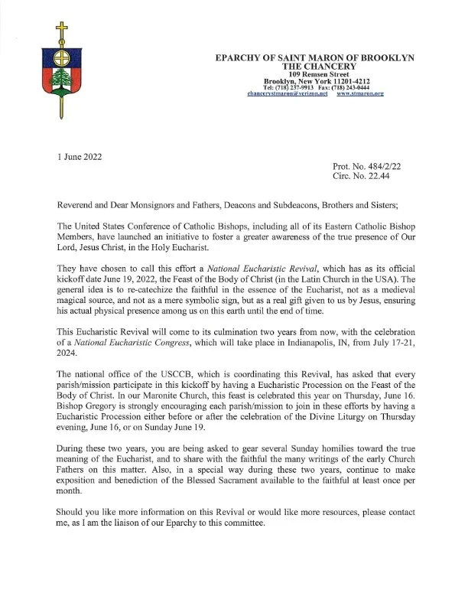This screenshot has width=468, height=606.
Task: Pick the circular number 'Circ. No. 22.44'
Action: click(365, 176)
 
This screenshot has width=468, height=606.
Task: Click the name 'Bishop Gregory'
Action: click(91, 408)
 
